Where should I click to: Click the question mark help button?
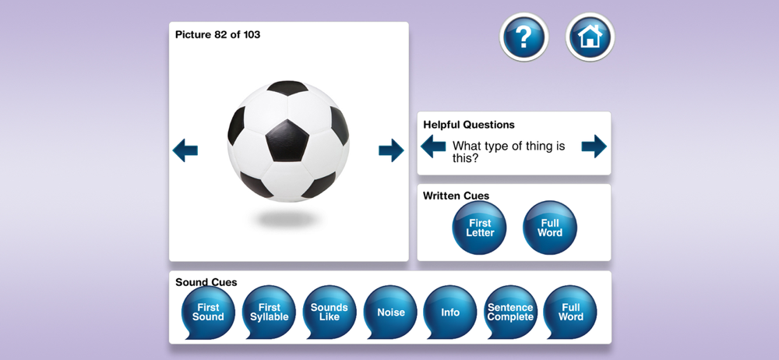click(523, 37)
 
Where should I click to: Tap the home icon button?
click(590, 37)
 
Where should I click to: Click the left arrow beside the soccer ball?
click(185, 150)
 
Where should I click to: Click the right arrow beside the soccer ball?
click(392, 150)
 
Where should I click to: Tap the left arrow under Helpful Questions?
click(433, 146)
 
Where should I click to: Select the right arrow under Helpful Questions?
click(594, 146)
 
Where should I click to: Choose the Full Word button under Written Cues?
click(550, 228)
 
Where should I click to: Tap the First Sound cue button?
click(208, 312)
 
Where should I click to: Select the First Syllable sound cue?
click(269, 312)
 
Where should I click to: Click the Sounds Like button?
click(330, 312)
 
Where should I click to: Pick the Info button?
click(450, 312)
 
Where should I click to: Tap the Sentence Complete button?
click(510, 312)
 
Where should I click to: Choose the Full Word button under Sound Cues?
click(570, 312)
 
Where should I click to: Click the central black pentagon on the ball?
click(287, 140)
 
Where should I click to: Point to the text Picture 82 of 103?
click(217, 35)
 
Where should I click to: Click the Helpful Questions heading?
click(469, 125)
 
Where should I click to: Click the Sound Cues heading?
click(206, 282)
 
